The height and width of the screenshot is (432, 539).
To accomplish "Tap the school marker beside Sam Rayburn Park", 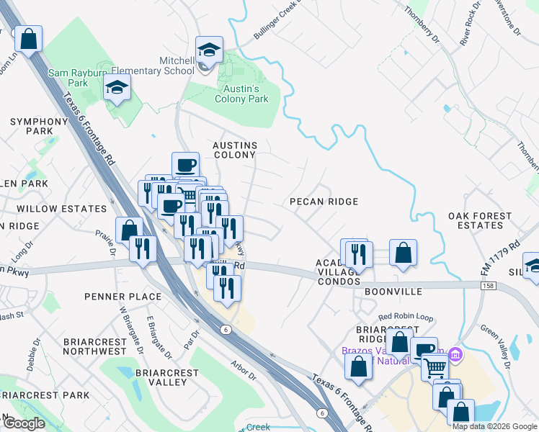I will pyautogui.click(x=116, y=89).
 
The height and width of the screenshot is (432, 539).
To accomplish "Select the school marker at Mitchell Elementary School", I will pyautogui.click(x=209, y=50).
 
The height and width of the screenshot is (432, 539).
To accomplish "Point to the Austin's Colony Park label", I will pyautogui.click(x=241, y=94).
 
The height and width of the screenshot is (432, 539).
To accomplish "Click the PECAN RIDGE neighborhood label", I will pyautogui.click(x=324, y=202).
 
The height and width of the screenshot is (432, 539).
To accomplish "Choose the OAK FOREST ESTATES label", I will pyautogui.click(x=480, y=220).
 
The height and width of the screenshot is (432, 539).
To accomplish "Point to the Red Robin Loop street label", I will pyautogui.click(x=404, y=316).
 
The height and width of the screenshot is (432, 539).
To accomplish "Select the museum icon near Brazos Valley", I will pyautogui.click(x=455, y=354).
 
